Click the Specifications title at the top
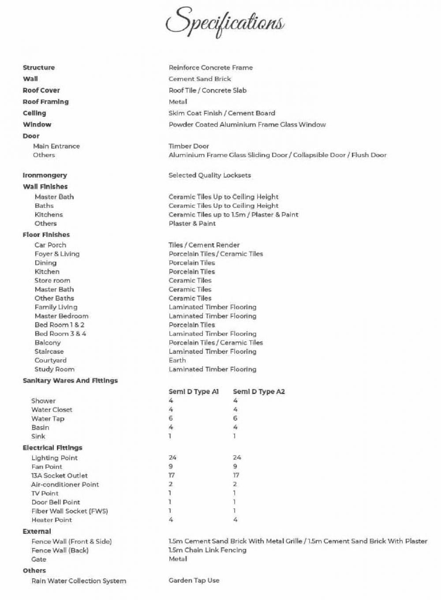225,22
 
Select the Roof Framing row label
45,102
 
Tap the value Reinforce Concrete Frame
210,68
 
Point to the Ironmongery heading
45,175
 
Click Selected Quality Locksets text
209,175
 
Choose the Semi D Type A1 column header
194,391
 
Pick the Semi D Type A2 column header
258,391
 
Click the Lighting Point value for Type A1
172,457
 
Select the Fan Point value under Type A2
235,466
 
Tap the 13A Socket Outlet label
59,476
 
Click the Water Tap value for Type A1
171,418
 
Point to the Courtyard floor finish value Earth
177,360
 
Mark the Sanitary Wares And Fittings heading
70,380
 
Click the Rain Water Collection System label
78,581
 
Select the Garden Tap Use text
194,581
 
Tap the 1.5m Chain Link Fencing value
207,550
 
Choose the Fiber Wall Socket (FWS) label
70,511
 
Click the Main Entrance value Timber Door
189,146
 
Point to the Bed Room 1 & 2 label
60,325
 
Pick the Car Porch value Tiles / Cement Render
204,245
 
